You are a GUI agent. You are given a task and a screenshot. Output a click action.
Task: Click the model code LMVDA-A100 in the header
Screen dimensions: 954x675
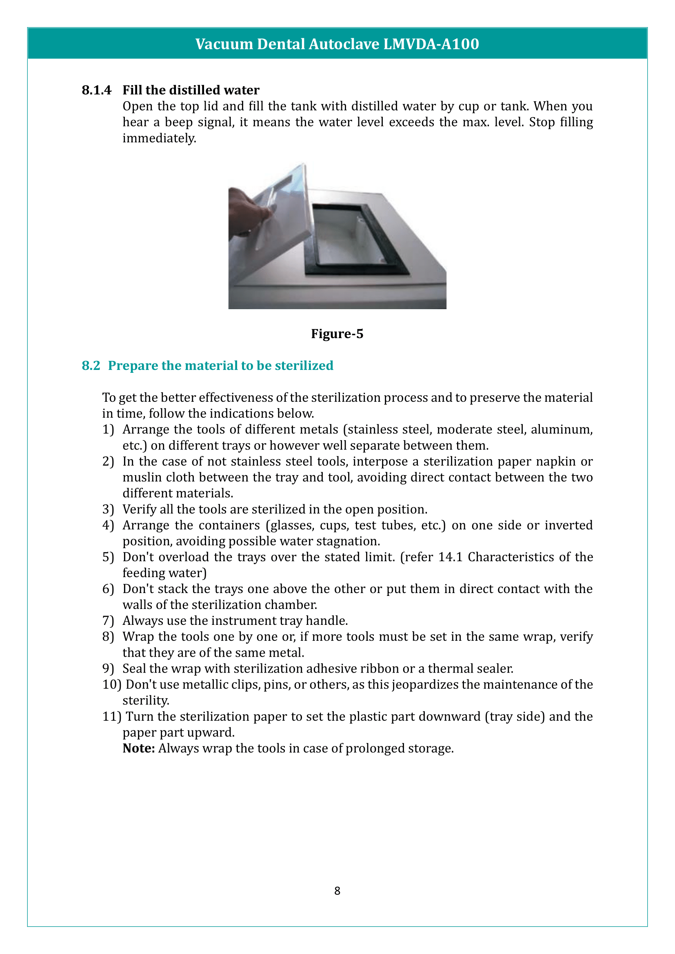[x=431, y=44]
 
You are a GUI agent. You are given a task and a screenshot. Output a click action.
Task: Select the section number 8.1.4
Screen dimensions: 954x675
[x=96, y=90]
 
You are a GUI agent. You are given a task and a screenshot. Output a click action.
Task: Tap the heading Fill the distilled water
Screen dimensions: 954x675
[x=191, y=90]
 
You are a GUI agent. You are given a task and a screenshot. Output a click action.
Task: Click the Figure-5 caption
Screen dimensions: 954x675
[x=337, y=334]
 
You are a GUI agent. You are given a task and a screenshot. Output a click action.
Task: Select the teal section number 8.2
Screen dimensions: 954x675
[x=91, y=365]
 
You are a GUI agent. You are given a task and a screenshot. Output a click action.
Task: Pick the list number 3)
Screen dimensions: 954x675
[x=108, y=509]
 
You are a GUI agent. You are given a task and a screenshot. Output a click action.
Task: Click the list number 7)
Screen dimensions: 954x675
[x=108, y=621]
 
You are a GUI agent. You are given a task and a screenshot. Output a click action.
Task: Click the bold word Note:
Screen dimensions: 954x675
[x=138, y=748]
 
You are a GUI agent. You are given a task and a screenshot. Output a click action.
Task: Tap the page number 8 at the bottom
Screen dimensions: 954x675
[x=337, y=891]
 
